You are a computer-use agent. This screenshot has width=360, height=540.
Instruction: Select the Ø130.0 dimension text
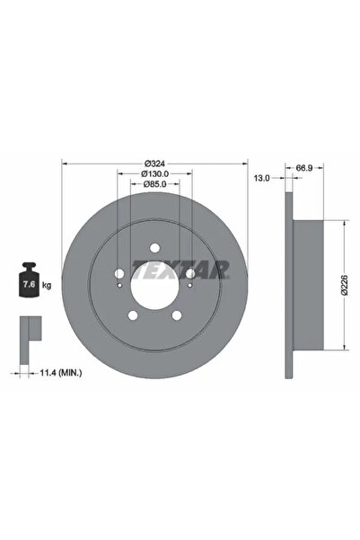[154, 174]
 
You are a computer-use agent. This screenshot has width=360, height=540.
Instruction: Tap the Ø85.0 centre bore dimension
[154, 186]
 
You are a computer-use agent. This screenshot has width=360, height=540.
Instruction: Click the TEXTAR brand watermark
[181, 268]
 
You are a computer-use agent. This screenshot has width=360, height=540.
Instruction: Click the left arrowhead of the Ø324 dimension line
[64, 164]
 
